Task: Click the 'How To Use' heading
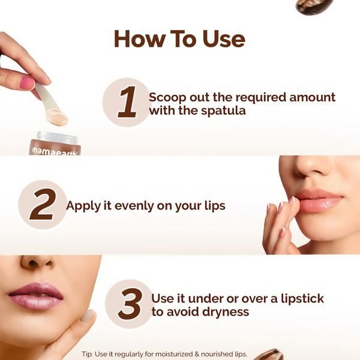179,39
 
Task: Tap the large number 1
127,103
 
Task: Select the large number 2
42,205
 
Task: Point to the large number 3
130,304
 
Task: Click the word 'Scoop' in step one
167,97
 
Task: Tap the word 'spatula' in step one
224,111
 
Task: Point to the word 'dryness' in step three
224,312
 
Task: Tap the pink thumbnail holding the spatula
27,83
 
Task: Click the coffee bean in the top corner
314,6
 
